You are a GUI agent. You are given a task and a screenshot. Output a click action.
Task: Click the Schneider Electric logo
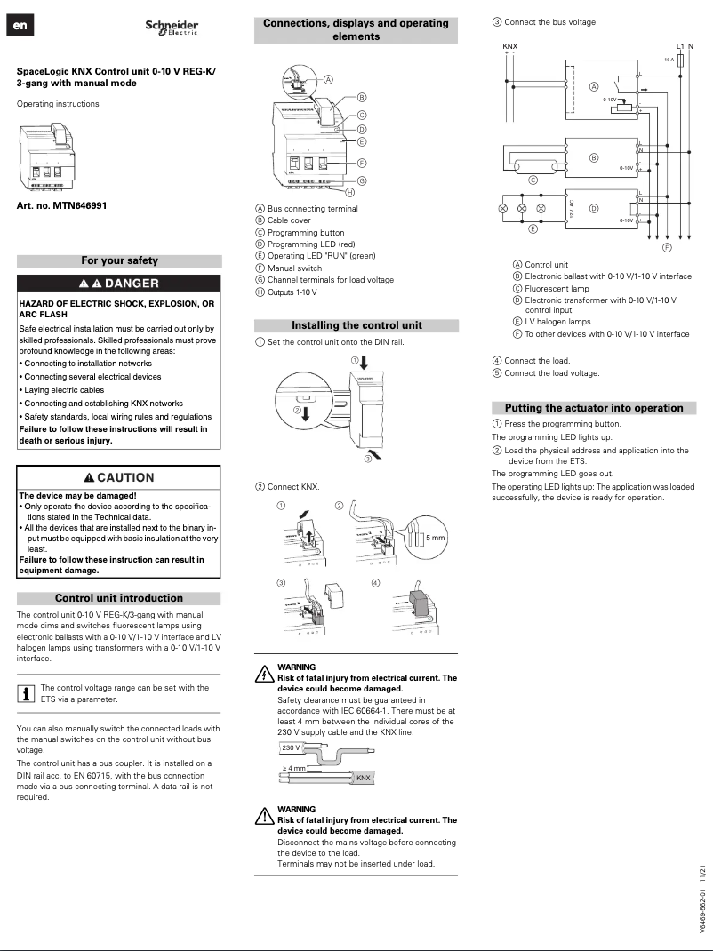172,28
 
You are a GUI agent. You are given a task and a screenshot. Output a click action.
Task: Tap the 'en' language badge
20,27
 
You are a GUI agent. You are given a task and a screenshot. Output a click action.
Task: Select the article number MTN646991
61,205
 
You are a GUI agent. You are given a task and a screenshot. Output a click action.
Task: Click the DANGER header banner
119,284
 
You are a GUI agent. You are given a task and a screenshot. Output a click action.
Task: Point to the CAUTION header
119,477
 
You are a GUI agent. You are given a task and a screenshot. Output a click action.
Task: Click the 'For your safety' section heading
119,260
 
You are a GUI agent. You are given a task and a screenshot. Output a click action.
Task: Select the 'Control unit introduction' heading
119,598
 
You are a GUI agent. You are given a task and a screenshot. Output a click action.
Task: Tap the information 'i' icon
26,692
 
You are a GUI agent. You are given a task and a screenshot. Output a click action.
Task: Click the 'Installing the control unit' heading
356,325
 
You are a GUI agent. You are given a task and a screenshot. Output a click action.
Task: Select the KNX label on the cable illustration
363,779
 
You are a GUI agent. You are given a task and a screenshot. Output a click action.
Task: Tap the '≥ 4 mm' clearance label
294,768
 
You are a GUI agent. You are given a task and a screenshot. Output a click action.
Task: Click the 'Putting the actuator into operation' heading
594,408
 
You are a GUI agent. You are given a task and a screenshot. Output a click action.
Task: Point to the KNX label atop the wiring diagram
509,45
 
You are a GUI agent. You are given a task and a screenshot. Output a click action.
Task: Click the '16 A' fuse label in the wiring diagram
669,60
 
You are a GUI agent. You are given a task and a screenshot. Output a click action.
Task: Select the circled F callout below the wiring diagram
666,246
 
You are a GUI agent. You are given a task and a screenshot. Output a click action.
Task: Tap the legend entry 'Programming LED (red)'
311,244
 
